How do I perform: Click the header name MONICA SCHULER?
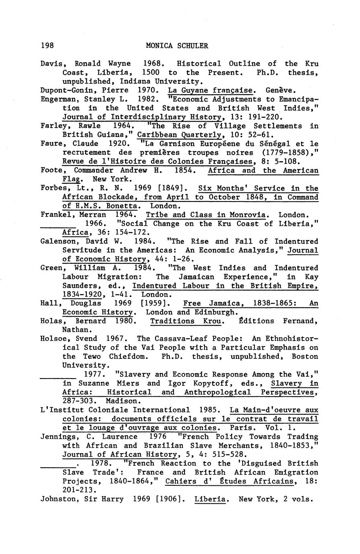pyautogui.click(x=177, y=46)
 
